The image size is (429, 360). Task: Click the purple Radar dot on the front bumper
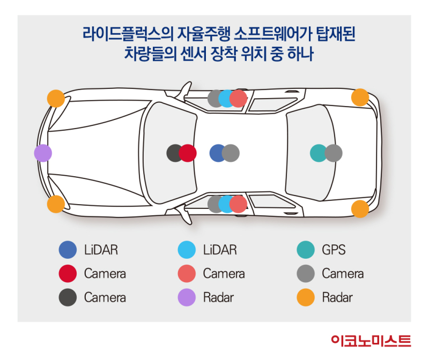click(43, 153)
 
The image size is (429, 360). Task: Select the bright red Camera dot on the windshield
click(188, 153)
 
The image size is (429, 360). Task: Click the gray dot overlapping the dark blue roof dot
click(231, 153)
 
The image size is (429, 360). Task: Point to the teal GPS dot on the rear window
click(318, 153)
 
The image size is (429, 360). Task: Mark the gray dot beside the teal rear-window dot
click(334, 153)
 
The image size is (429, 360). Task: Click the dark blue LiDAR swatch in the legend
click(68, 250)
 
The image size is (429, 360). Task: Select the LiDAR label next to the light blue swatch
click(220, 250)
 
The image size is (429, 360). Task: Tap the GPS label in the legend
click(334, 250)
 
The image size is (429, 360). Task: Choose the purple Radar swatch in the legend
click(187, 297)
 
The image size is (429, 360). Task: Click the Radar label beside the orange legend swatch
click(337, 297)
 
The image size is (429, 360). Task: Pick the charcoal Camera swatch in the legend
click(68, 297)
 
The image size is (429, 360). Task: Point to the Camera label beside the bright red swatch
click(105, 274)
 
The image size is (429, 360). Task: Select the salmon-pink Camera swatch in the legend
click(187, 274)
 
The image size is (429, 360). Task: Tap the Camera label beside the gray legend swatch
click(343, 274)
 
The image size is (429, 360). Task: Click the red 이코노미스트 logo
click(371, 341)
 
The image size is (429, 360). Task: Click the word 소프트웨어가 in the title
click(272, 34)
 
